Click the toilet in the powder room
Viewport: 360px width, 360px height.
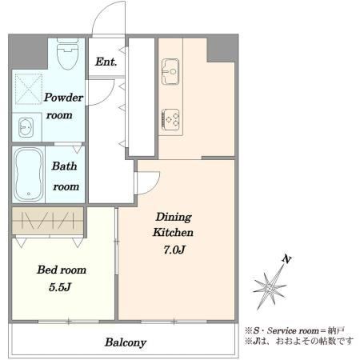point(68,54)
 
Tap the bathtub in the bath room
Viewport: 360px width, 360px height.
point(29,174)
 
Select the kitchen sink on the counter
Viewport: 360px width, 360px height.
point(170,71)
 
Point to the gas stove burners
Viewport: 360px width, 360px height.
point(170,120)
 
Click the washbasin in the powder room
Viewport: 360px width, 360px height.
point(26,127)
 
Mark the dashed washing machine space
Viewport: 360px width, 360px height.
point(29,90)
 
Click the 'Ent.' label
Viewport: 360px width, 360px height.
point(106,62)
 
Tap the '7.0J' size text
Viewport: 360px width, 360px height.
point(174,250)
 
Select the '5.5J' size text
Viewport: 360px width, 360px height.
point(60,287)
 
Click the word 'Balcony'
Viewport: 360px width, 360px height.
point(126,342)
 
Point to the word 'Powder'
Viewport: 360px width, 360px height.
point(63,98)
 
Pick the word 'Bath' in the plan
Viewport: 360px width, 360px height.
point(64,166)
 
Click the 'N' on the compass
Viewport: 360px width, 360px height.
point(286,259)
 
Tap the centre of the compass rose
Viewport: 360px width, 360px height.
point(270,288)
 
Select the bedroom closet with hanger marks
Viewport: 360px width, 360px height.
point(48,222)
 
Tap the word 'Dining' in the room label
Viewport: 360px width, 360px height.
point(174,217)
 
